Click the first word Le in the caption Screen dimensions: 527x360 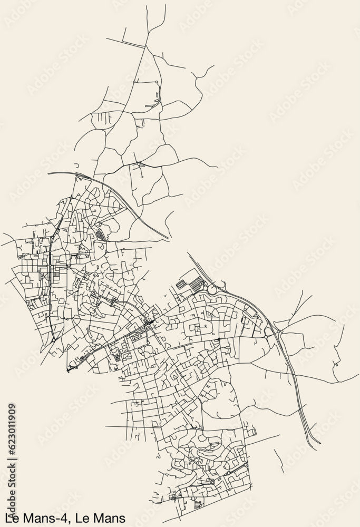pos(11,518)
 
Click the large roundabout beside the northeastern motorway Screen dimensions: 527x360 pos(213,289)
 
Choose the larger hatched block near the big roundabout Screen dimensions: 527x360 pos(196,285)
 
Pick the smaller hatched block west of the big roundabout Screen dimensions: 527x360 pos(181,284)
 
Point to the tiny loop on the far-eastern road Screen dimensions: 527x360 pos(336,364)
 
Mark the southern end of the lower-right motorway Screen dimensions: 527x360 pos(319,443)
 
